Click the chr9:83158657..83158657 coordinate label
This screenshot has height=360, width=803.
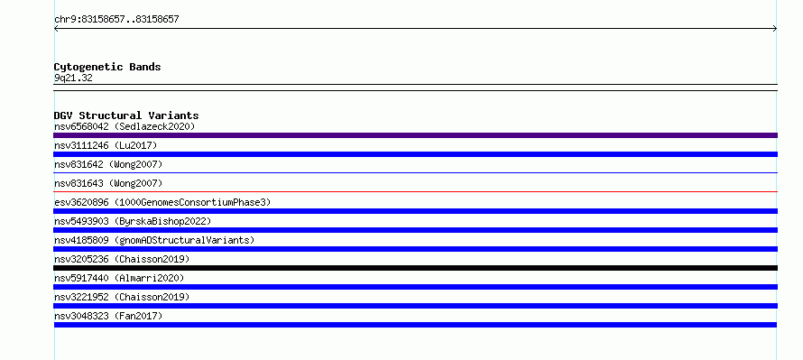(x=116, y=20)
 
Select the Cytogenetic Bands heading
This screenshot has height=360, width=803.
(x=107, y=67)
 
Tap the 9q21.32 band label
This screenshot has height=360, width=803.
(x=73, y=78)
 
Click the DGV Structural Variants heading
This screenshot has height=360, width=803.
(x=126, y=115)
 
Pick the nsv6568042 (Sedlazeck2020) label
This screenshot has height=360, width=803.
(x=125, y=126)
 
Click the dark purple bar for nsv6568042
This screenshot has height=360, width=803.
(x=415, y=135)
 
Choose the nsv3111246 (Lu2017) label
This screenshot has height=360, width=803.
(x=106, y=145)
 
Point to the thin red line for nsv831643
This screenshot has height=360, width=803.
(x=415, y=191)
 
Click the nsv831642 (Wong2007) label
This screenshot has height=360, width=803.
(x=108, y=164)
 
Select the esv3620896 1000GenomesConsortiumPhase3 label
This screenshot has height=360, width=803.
(x=162, y=202)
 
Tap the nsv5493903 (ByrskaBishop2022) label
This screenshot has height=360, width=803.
(x=133, y=221)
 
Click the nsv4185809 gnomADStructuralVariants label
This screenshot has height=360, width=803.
(x=154, y=240)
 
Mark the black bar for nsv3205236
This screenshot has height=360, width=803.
(x=415, y=268)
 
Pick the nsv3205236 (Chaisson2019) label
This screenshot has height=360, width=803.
(x=122, y=259)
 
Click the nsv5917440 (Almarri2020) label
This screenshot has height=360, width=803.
(x=119, y=278)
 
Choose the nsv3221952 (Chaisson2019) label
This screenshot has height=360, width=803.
(x=122, y=297)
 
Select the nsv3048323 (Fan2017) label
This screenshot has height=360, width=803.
(x=108, y=316)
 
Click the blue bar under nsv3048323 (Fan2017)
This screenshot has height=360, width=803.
(x=415, y=325)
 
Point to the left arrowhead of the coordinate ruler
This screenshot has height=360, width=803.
(x=55, y=29)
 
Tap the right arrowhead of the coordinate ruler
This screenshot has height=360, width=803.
(x=776, y=29)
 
